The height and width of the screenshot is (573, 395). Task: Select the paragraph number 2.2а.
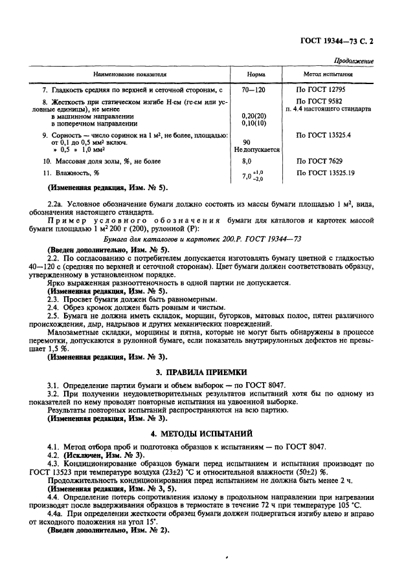coord(56,204)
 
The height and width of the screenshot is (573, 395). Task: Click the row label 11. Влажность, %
coord(71,173)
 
